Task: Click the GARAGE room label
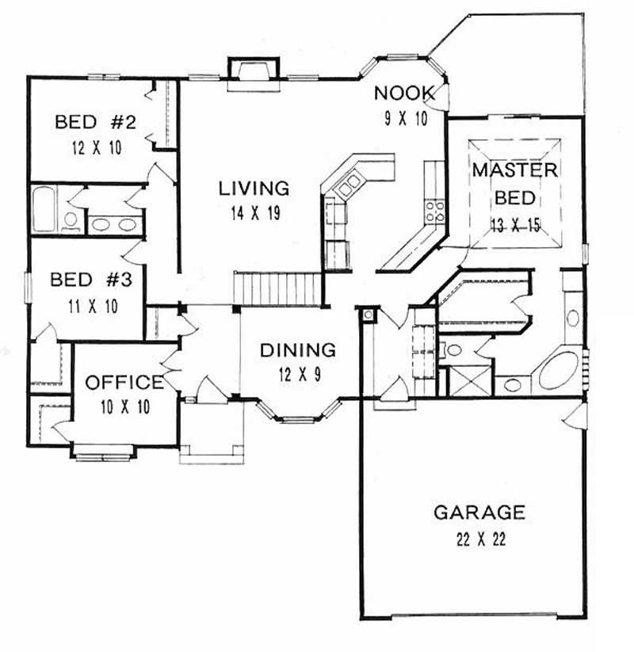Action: (x=479, y=512)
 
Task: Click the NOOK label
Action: (x=404, y=93)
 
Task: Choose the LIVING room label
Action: (x=254, y=188)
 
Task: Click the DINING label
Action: (x=298, y=349)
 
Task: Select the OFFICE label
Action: (x=124, y=383)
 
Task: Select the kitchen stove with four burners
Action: (x=434, y=210)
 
